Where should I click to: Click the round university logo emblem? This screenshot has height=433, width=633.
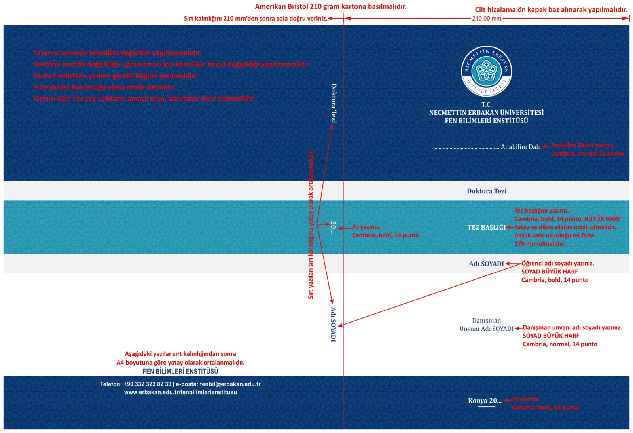(x=486, y=71)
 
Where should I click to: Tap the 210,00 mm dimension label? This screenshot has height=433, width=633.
(x=486, y=19)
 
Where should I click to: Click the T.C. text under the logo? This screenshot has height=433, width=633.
(x=486, y=104)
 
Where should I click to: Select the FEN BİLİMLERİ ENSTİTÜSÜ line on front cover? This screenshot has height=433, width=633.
(x=486, y=121)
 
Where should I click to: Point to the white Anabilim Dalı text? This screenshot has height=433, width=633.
(x=520, y=147)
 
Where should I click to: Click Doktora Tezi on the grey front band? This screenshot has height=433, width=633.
(x=486, y=191)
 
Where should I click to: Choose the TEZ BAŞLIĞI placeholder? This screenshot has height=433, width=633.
(x=486, y=227)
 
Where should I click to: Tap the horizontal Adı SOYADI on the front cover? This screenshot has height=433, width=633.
(x=486, y=264)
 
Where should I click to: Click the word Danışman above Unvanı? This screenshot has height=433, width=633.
(x=486, y=321)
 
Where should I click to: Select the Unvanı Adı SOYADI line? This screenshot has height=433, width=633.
(x=486, y=329)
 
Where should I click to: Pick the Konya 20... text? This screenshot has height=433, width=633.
(x=485, y=401)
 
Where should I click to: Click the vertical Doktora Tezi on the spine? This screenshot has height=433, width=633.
(x=334, y=103)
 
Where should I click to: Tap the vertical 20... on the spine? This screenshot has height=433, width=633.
(x=334, y=227)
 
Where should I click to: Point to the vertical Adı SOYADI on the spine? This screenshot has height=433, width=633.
(x=334, y=324)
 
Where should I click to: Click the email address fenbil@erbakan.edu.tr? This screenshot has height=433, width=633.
(x=230, y=384)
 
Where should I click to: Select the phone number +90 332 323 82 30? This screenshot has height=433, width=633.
(x=147, y=384)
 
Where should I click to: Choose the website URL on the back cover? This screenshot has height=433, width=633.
(x=180, y=392)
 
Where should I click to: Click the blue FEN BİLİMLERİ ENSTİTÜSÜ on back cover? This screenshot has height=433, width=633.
(x=180, y=371)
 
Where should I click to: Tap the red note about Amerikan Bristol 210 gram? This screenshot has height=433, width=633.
(x=330, y=6)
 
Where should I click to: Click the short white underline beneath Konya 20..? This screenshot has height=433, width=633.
(x=486, y=407)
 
